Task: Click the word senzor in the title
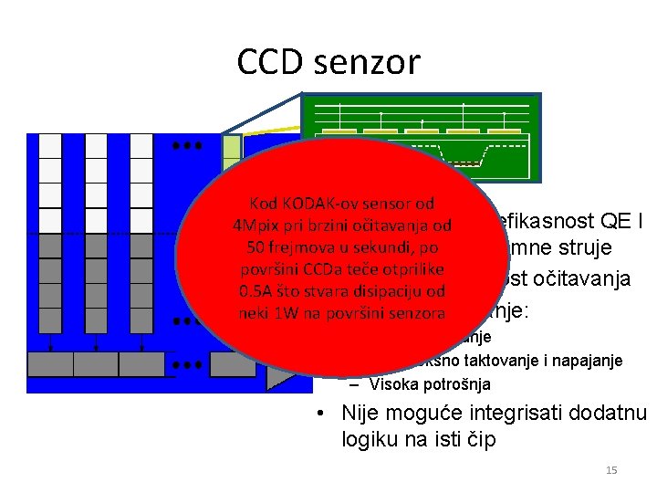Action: pos(371,62)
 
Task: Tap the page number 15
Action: pos(611,470)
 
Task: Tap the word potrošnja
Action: pos(458,384)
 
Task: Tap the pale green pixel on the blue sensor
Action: pos(232,147)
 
